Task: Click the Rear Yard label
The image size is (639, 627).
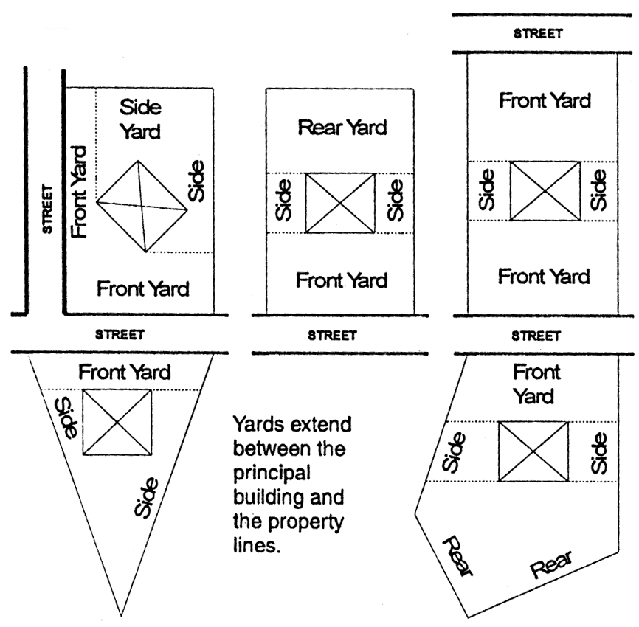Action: [x=342, y=128]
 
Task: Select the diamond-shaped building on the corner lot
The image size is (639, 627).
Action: [x=142, y=206]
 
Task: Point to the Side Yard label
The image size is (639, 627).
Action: [x=140, y=119]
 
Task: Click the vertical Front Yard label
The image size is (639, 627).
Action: [x=80, y=191]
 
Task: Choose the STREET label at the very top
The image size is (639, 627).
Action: [x=544, y=33]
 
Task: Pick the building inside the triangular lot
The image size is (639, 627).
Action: [x=117, y=421]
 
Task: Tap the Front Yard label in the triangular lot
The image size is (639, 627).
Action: [x=124, y=372]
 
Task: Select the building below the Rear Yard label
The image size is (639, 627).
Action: [x=340, y=203]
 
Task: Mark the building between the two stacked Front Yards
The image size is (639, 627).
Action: [x=545, y=190]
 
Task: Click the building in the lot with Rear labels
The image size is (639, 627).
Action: [x=533, y=451]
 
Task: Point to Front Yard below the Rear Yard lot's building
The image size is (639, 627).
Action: [x=342, y=280]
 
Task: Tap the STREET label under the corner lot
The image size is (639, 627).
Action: [x=119, y=334]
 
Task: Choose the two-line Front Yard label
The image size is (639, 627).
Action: [x=536, y=384]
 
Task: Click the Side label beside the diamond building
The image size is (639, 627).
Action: [x=196, y=181]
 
